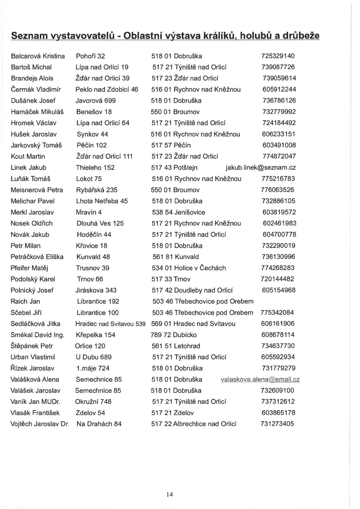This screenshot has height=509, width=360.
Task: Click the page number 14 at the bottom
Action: point(169,494)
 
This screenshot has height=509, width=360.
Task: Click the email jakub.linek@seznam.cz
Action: point(261,168)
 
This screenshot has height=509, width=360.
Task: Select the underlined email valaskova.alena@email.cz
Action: point(260,379)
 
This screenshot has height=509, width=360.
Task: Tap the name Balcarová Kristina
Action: point(38,56)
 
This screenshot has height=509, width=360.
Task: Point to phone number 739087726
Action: point(278,67)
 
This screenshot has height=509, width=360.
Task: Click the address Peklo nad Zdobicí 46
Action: point(107,89)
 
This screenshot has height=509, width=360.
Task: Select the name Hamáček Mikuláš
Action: point(37,112)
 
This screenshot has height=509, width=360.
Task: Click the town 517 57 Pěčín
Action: point(171,145)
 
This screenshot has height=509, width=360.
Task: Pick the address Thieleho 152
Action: point(95,168)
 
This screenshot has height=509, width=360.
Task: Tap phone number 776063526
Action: point(277,190)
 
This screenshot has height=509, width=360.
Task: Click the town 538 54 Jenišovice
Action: point(178,212)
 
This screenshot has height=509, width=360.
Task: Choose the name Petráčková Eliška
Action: point(37,257)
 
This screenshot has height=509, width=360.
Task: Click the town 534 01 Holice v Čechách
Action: point(189,268)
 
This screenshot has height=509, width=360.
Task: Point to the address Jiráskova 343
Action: point(96,290)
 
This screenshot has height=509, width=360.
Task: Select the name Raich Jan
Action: point(25,301)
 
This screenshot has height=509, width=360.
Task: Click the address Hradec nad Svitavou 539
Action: point(110,324)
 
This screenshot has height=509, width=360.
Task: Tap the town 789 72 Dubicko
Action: point(174,335)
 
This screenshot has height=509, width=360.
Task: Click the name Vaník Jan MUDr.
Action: point(35,402)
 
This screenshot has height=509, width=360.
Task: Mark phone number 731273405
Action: point(277,424)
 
